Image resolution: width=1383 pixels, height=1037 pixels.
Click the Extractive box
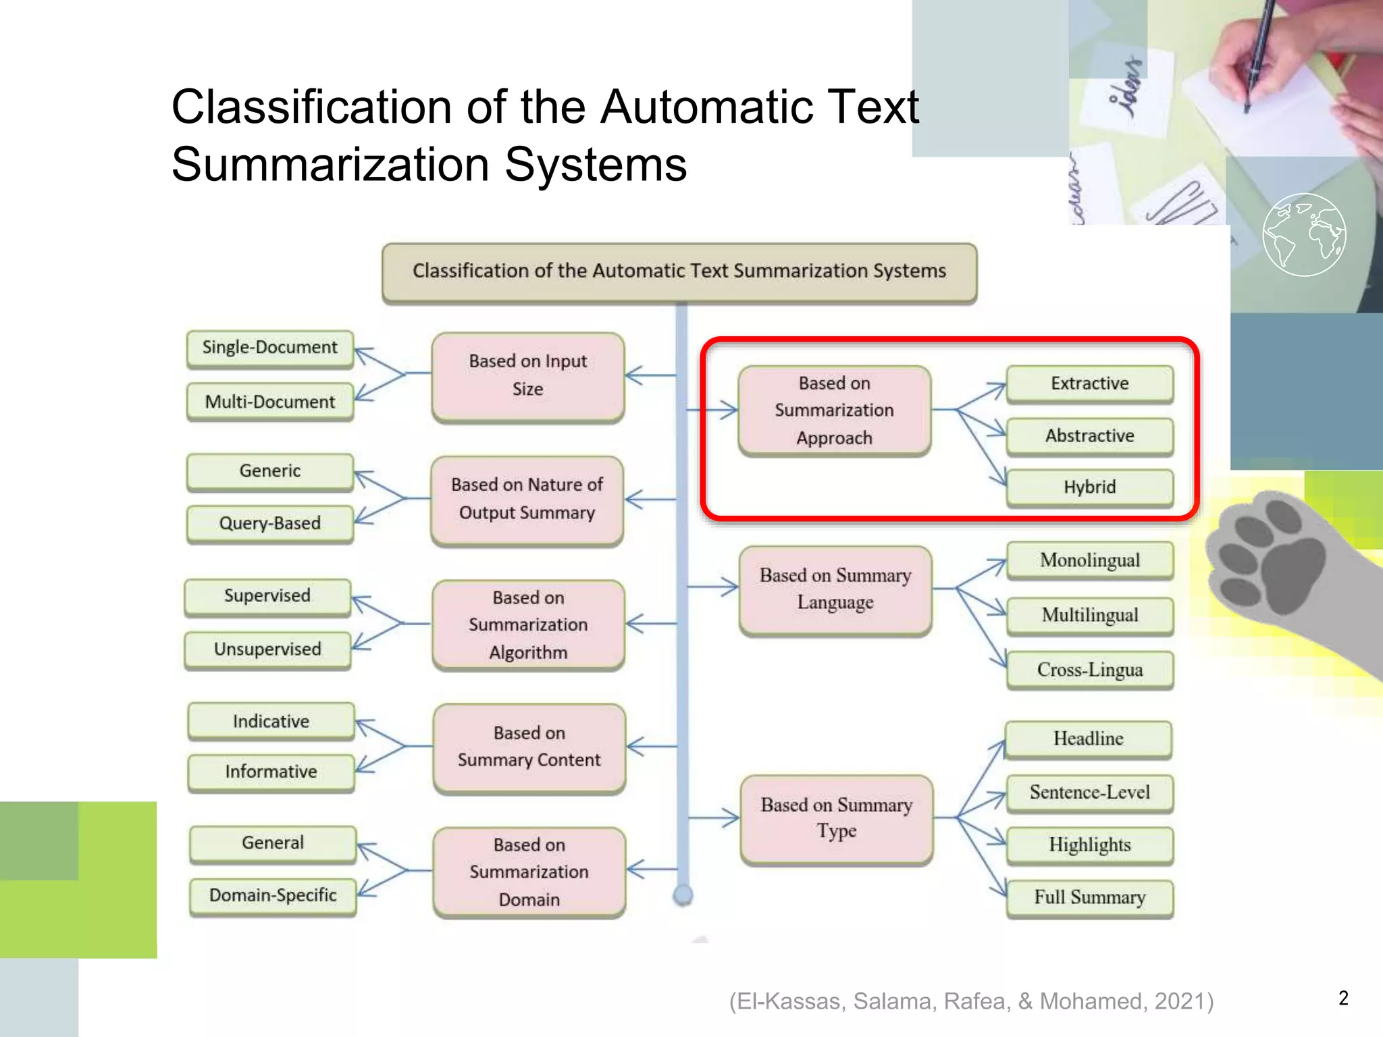(x=1089, y=383)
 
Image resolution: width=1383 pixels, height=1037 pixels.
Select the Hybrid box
(x=1089, y=487)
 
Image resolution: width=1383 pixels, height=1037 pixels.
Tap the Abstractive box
(x=1089, y=436)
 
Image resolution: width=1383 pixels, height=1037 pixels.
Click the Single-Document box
(x=269, y=348)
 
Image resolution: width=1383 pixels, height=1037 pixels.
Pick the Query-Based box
(x=269, y=523)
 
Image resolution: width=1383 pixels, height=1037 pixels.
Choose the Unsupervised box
(x=267, y=649)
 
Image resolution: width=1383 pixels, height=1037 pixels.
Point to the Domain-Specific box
(x=273, y=896)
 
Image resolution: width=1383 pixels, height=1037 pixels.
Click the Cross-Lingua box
(x=1090, y=670)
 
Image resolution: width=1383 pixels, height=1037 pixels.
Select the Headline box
(x=1088, y=739)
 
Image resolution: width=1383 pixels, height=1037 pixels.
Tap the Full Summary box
(x=1090, y=897)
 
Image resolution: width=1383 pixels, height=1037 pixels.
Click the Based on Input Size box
(x=527, y=375)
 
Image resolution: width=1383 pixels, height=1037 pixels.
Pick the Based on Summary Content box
(x=529, y=747)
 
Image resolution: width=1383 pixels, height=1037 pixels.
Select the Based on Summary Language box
(x=835, y=589)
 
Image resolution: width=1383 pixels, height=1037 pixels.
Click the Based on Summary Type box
(x=837, y=818)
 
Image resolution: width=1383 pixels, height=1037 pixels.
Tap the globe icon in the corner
(x=1304, y=235)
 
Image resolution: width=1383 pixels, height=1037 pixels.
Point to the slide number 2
(x=1343, y=999)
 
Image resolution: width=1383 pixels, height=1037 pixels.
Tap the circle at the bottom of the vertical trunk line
(x=683, y=895)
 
